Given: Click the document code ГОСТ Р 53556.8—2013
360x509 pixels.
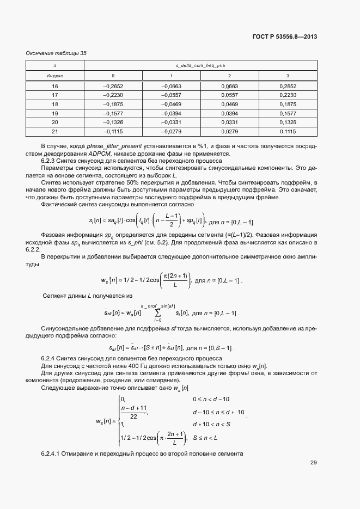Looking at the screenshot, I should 285,37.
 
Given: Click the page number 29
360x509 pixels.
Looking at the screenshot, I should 314,463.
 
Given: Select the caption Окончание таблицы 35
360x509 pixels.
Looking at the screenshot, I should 56,53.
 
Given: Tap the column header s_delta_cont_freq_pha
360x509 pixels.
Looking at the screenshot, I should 200,65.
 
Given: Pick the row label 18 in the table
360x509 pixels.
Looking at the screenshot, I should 55,104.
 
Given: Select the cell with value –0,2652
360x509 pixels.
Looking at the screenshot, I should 113,87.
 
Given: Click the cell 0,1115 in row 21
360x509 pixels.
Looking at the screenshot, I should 288,131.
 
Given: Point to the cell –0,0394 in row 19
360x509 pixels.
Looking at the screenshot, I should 171,113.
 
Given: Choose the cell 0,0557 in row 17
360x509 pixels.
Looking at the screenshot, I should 229,95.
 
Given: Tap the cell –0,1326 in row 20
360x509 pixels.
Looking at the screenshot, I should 113,122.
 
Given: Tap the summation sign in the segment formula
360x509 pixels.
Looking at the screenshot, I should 158,313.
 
